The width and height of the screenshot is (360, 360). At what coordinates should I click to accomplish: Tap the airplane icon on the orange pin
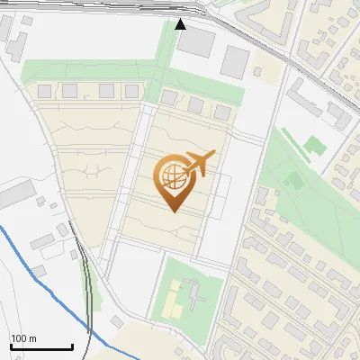pos(199,163)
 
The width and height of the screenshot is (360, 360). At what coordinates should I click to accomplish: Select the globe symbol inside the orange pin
pos(171,177)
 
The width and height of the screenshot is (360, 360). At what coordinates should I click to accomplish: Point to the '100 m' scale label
pos(24,337)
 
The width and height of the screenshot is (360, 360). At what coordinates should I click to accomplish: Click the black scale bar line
pos(40,346)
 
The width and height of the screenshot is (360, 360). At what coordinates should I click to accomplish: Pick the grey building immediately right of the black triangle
pos(201,40)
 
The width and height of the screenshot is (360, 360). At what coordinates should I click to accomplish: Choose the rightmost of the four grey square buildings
pos(131,90)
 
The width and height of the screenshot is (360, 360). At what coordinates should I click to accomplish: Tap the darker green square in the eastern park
pos(312,144)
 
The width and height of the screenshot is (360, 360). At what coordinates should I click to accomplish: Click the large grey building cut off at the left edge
pos(13,193)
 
